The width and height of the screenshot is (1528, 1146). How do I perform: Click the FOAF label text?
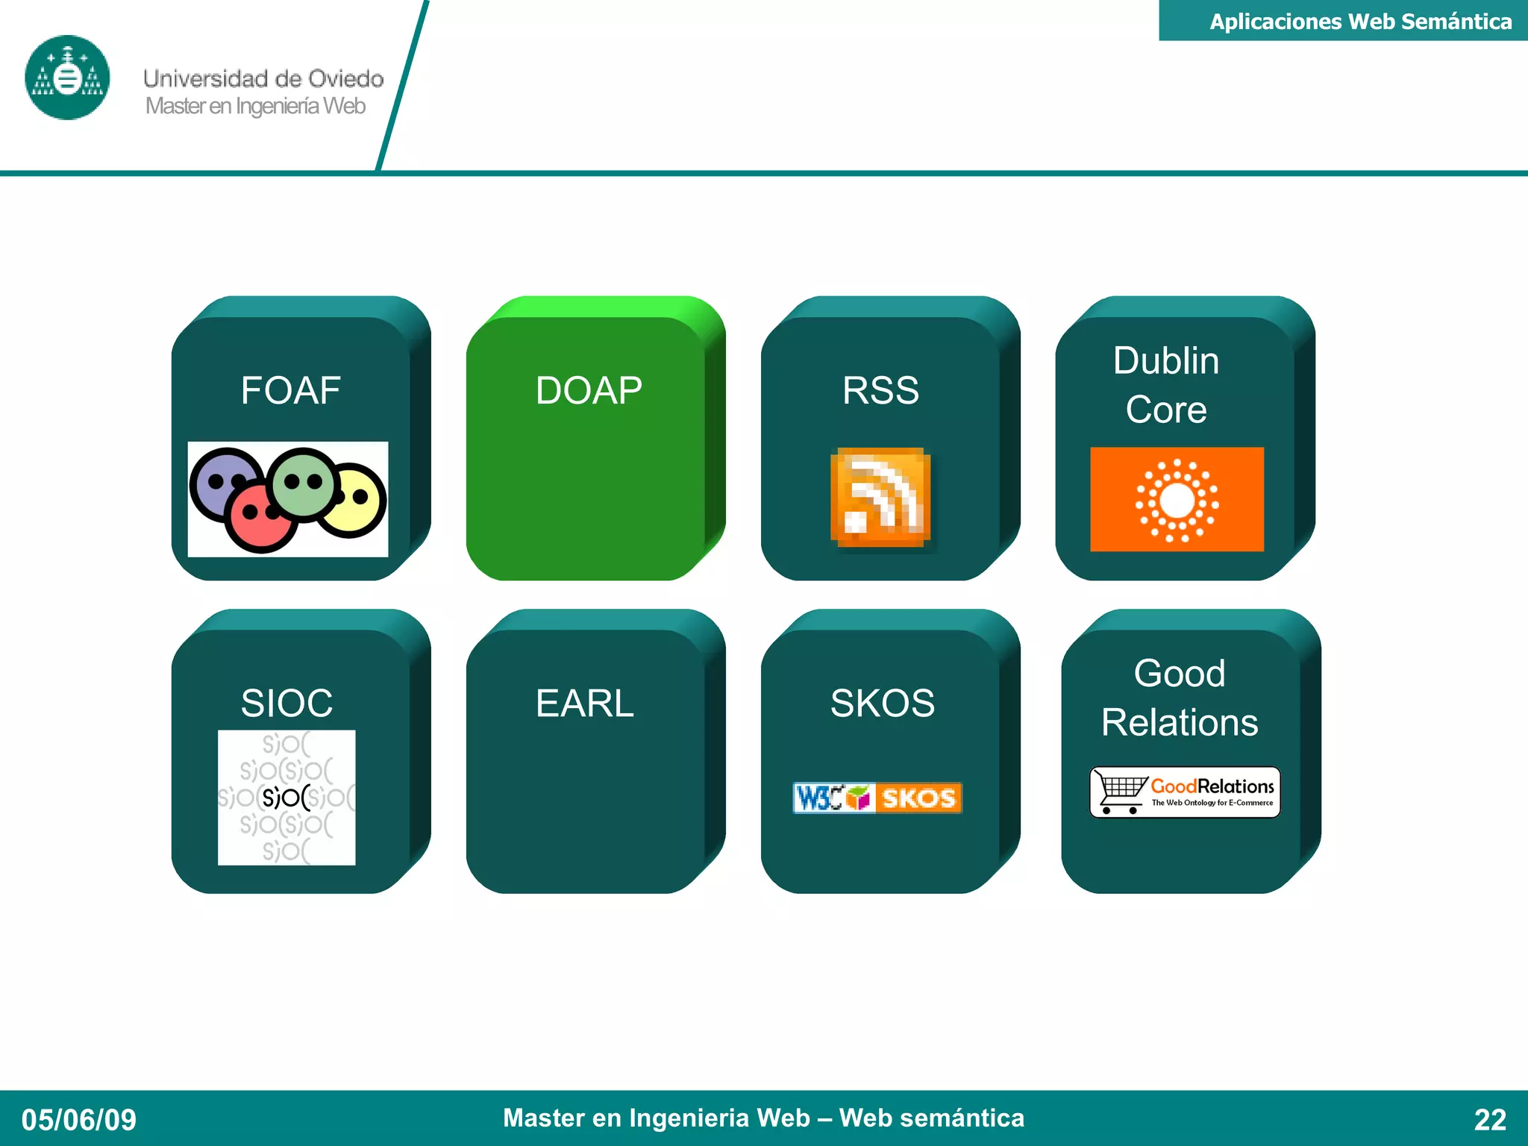tap(290, 390)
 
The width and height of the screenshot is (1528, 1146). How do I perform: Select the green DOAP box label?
tap(589, 390)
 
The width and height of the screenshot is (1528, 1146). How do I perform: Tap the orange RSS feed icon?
tap(880, 498)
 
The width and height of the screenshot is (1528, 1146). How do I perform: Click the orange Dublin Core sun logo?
tap(1177, 499)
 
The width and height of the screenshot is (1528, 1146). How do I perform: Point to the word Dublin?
tap(1166, 360)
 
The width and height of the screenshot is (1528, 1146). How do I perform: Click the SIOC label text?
tap(286, 703)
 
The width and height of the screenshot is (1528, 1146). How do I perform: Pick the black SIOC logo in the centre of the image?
tap(286, 798)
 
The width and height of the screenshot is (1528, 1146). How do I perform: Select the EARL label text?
tap(584, 703)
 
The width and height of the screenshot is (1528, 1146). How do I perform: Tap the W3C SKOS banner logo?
tap(877, 798)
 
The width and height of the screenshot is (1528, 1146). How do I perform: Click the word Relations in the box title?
tap(1180, 722)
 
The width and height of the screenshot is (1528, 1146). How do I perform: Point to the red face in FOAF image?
tap(261, 516)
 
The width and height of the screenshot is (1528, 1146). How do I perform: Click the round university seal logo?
tap(67, 78)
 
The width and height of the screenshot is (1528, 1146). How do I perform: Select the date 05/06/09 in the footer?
tap(78, 1119)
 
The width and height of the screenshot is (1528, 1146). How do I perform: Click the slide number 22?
tap(1489, 1119)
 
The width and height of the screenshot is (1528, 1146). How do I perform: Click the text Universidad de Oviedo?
tap(263, 78)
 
